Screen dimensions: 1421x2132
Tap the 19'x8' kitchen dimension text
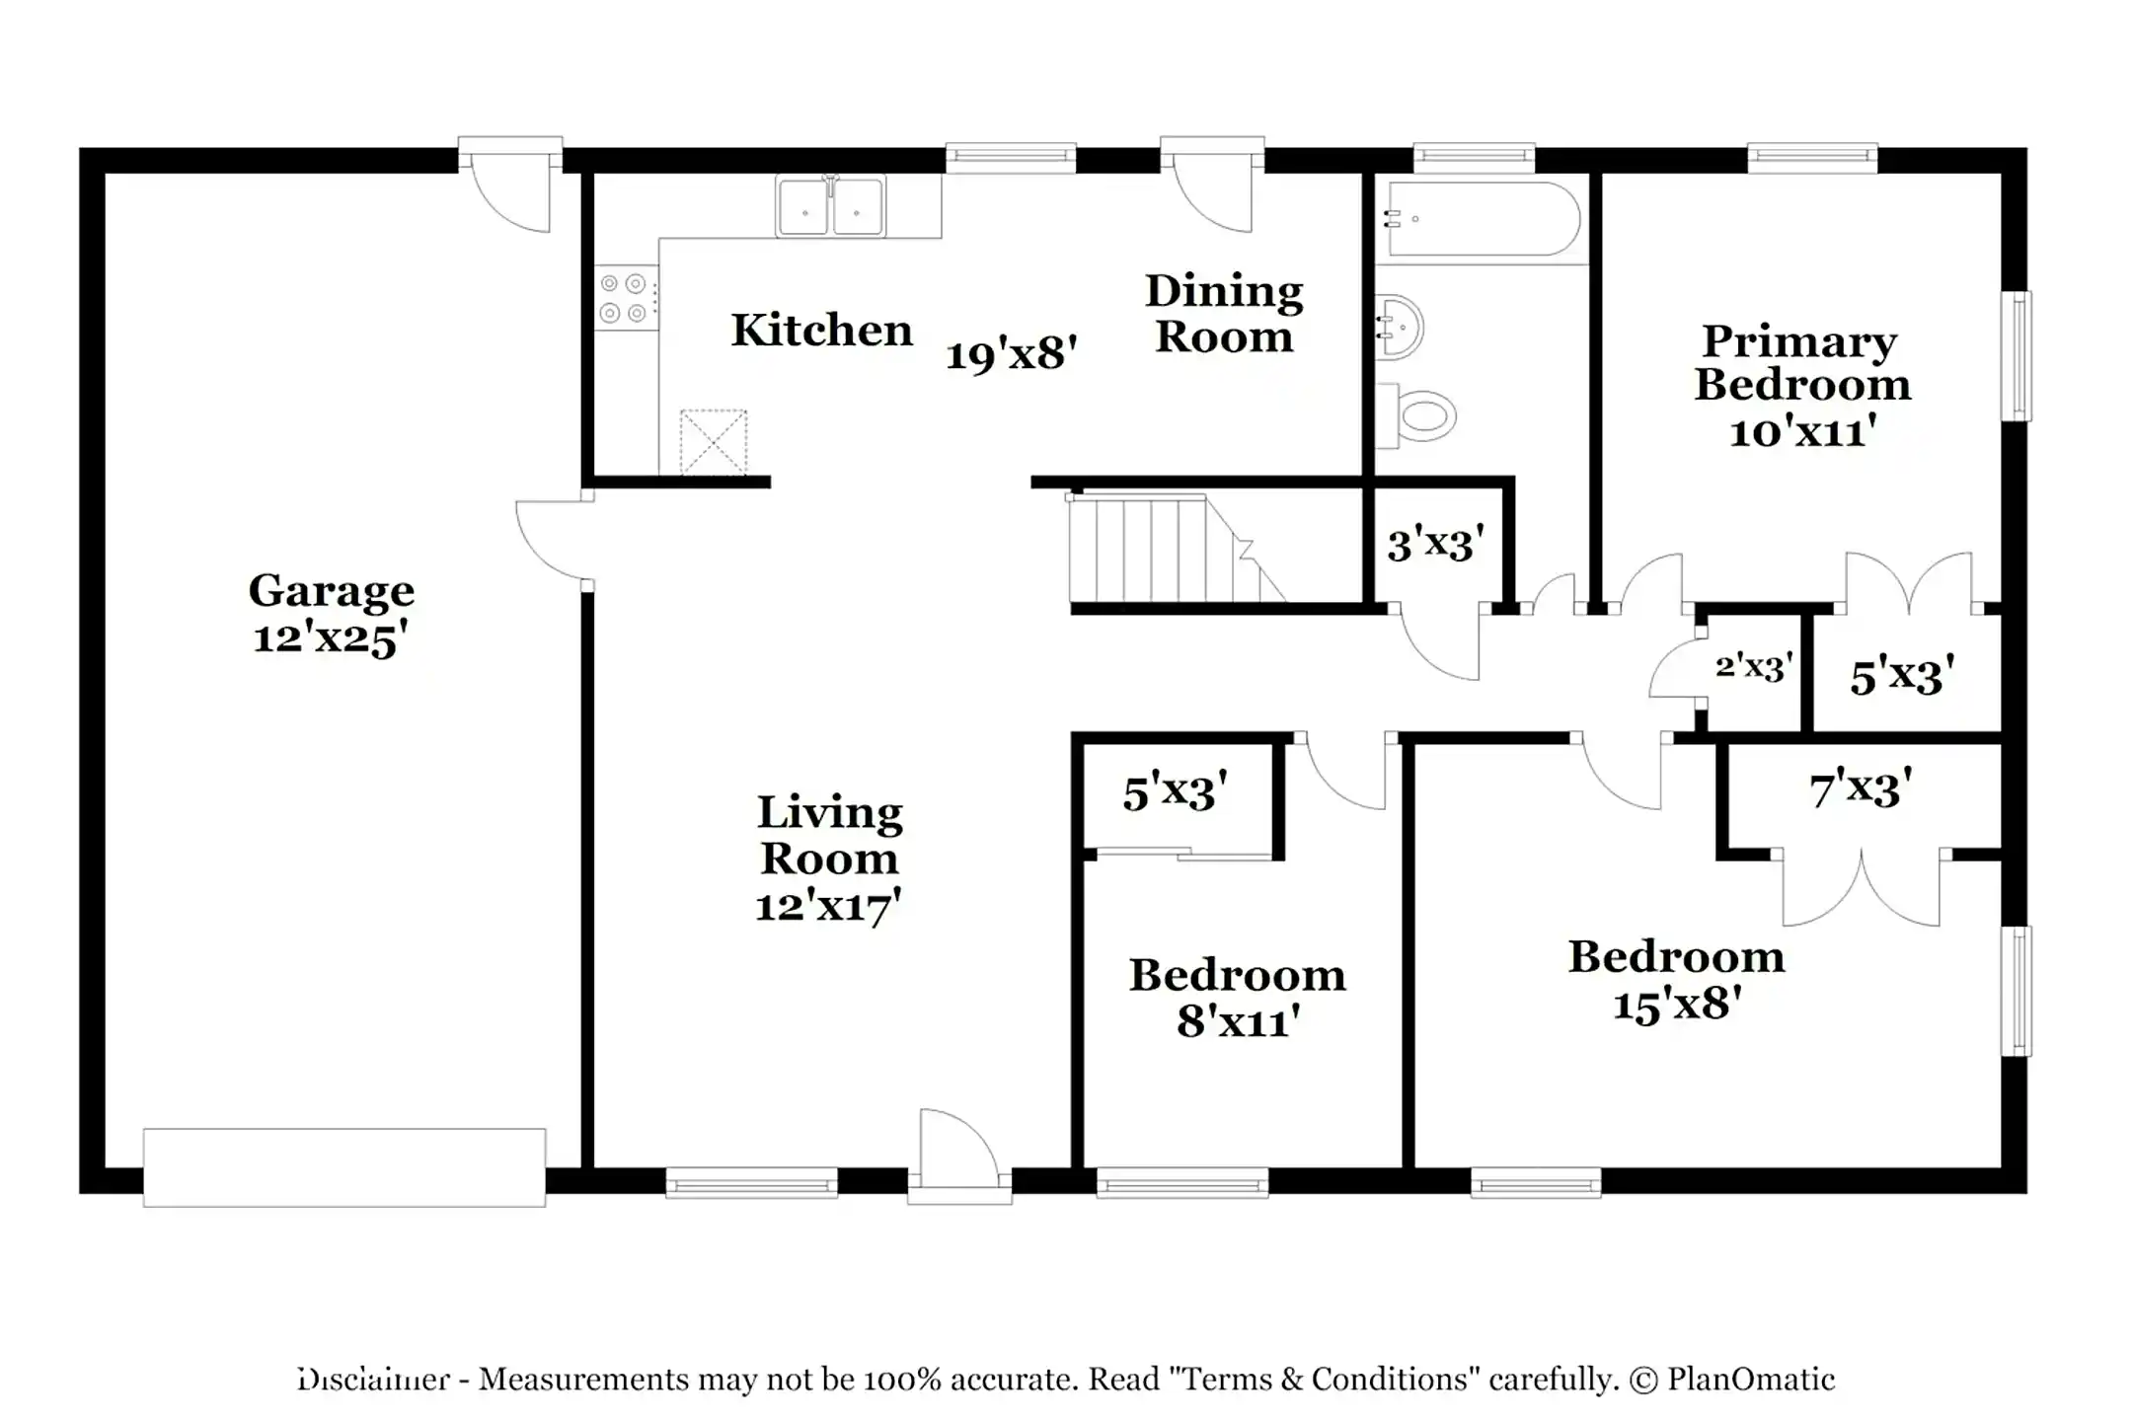1011,353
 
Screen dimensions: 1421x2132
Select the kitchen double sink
830,208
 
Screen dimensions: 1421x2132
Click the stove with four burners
626,299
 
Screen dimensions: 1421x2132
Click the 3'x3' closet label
1436,545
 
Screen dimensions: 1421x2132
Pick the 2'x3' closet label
1754,668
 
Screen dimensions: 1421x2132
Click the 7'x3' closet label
1861,789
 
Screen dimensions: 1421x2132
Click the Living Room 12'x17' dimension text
828,906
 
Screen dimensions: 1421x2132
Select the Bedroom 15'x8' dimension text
1676,1005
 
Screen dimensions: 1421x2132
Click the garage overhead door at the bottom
343,1166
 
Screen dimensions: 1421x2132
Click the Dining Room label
1224,314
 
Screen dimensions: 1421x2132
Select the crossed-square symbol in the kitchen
714,442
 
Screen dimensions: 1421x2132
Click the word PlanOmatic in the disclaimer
1750,1379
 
